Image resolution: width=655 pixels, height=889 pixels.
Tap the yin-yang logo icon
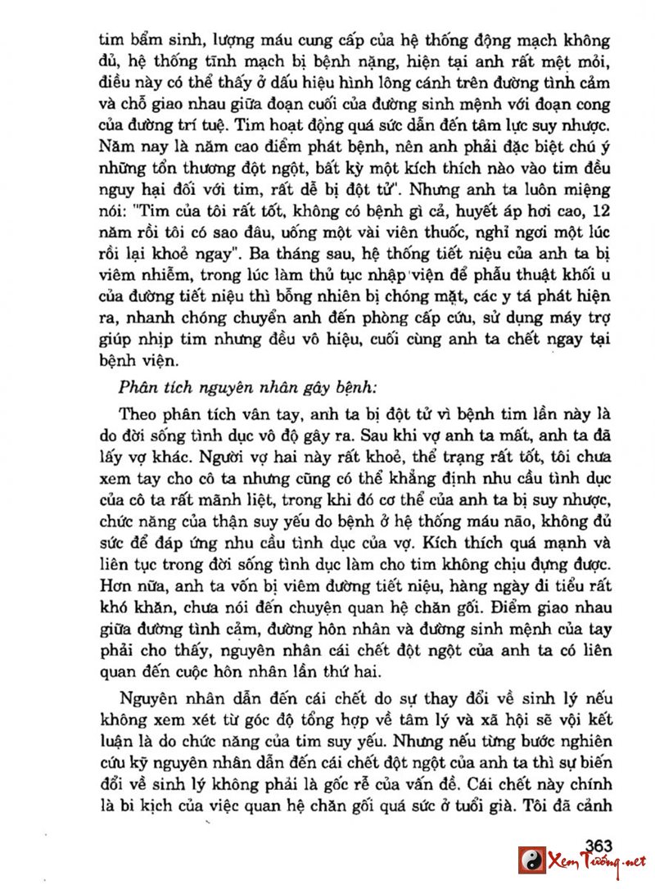coord(531,860)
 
